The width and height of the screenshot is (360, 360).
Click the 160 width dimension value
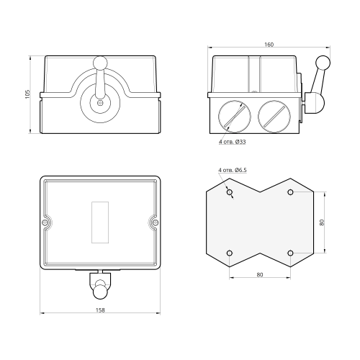(x=269, y=45)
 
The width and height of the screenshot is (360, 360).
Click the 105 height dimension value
(x=27, y=94)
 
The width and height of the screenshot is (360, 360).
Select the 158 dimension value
(x=100, y=310)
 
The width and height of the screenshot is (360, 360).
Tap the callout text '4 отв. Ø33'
(x=232, y=142)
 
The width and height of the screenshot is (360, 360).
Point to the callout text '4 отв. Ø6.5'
(x=233, y=170)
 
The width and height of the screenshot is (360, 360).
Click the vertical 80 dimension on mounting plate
(x=322, y=222)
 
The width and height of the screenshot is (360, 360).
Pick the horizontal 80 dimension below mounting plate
(x=260, y=275)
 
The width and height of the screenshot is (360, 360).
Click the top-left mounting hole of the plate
(x=230, y=192)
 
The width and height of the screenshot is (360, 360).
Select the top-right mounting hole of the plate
(x=290, y=192)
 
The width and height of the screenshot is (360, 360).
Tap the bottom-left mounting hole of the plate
(x=230, y=253)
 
